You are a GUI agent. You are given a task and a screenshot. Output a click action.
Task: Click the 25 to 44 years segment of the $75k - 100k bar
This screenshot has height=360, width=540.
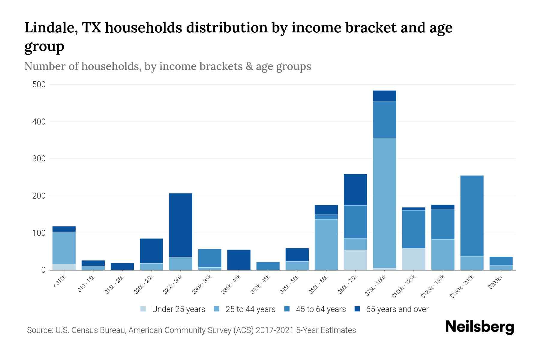click(x=384, y=203)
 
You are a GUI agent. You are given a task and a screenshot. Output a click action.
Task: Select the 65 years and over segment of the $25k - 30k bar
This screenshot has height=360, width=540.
click(x=181, y=225)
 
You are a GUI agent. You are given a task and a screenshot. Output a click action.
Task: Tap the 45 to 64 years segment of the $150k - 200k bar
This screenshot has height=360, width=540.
click(x=472, y=216)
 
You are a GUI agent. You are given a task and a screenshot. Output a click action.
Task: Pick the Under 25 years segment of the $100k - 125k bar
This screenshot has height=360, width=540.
click(x=413, y=259)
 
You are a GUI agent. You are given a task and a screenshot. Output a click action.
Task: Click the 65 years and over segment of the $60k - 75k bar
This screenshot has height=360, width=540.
click(x=355, y=190)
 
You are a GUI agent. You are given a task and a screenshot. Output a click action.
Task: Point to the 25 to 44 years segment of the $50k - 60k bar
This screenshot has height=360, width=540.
click(x=326, y=244)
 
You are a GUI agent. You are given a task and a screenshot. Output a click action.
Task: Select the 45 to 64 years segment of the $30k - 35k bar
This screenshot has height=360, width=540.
click(x=210, y=258)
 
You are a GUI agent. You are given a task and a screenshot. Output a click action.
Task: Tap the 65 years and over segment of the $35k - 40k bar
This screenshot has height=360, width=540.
click(x=239, y=260)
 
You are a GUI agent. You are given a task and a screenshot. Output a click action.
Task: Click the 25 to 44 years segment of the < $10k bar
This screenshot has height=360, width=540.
click(x=64, y=248)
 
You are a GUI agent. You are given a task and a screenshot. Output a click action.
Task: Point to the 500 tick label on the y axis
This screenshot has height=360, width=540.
click(x=39, y=85)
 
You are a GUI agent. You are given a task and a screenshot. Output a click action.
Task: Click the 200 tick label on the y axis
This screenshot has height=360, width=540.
click(x=39, y=196)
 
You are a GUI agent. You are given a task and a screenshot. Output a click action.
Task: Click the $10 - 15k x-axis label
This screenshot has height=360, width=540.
click(x=86, y=285)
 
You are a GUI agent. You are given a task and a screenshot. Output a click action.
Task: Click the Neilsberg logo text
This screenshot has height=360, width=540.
click(x=479, y=327)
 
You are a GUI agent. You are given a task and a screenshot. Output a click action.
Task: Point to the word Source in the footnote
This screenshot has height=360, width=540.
click(x=39, y=330)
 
